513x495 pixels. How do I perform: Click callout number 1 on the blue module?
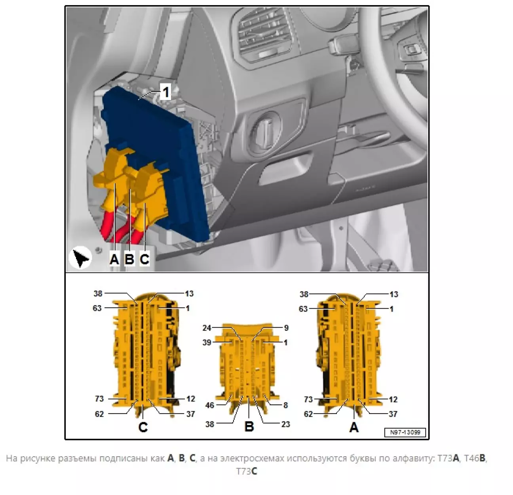pyautogui.click(x=166, y=92)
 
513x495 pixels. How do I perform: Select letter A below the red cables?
pyautogui.click(x=114, y=259)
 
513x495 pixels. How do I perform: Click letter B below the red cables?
pyautogui.click(x=129, y=259)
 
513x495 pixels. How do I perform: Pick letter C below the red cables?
pyautogui.click(x=144, y=259)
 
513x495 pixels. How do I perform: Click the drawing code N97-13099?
pyautogui.click(x=405, y=432)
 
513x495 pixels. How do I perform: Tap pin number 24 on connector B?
pyautogui.click(x=207, y=328)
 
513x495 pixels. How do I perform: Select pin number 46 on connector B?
pyautogui.click(x=209, y=405)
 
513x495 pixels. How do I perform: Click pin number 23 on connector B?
pyautogui.click(x=285, y=424)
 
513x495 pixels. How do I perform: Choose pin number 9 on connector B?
pyautogui.click(x=286, y=328)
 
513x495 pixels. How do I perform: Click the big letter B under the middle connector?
pyautogui.click(x=249, y=426)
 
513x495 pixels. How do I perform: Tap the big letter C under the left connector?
pyautogui.click(x=143, y=427)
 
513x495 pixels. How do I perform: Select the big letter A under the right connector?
pyautogui.click(x=354, y=427)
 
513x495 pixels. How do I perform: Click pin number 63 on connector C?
pyautogui.click(x=97, y=308)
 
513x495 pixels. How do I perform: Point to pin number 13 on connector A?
pyautogui.click(x=394, y=295)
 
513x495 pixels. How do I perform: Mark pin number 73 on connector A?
pyautogui.click(x=308, y=399)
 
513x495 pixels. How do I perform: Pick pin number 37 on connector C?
pyautogui.click(x=191, y=414)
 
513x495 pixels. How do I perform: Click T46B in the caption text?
pyautogui.click(x=475, y=458)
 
